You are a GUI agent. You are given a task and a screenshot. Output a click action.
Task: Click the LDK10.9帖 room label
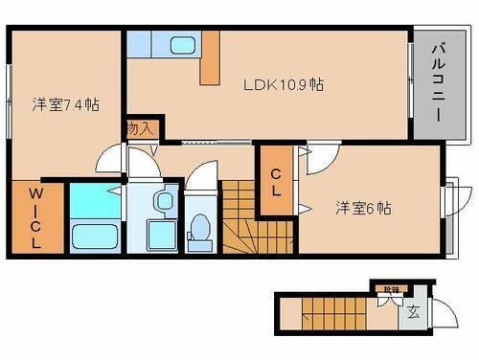point(288,84)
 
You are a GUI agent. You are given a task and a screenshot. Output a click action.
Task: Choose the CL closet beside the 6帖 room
point(276,181)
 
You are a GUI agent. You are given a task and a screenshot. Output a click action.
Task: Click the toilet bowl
point(200,228)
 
